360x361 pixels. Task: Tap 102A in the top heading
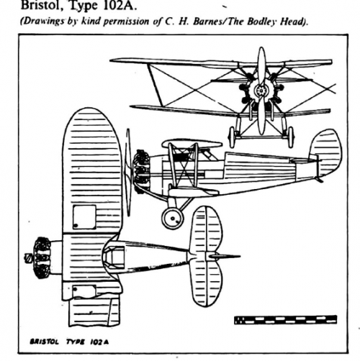pos(120,5)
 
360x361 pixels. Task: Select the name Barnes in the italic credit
pos(207,22)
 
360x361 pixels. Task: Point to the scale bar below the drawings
pos(285,320)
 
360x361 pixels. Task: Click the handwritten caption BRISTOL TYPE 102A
pos(69,342)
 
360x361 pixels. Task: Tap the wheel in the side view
pos(172,218)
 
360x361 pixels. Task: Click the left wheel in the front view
pos(232,137)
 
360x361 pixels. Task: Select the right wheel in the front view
pos(291,137)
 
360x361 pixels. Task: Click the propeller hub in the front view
pos(261,91)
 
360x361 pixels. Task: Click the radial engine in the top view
pos(42,258)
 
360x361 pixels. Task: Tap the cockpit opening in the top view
pos(114,257)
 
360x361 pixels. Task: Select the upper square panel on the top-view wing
pos(84,217)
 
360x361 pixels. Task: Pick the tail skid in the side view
pos(320,180)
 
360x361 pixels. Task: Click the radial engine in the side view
pos(141,171)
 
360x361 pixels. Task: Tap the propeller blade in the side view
pos(128,172)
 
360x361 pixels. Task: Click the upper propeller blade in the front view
pos(261,65)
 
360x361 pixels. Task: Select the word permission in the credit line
pos(127,22)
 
